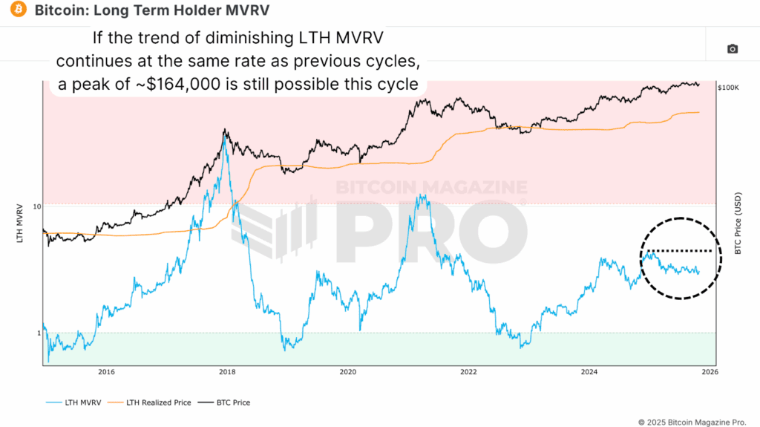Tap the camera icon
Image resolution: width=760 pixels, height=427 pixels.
[733, 49]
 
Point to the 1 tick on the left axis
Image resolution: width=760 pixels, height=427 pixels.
[37, 333]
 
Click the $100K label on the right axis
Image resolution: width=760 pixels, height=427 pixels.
[728, 88]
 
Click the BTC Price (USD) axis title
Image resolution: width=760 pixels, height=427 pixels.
[738, 223]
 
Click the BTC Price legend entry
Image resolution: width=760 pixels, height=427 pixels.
[231, 402]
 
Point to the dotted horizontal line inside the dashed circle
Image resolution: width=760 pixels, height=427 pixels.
[679, 251]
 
